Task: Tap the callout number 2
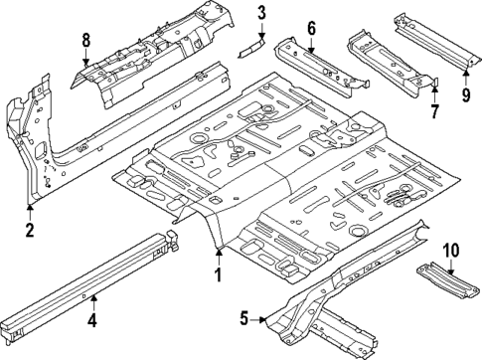30,231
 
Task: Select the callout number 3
261,13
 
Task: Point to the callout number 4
91,319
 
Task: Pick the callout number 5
243,319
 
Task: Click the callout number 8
85,41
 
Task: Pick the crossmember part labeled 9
432,40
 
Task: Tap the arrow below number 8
85,58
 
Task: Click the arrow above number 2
30,211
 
